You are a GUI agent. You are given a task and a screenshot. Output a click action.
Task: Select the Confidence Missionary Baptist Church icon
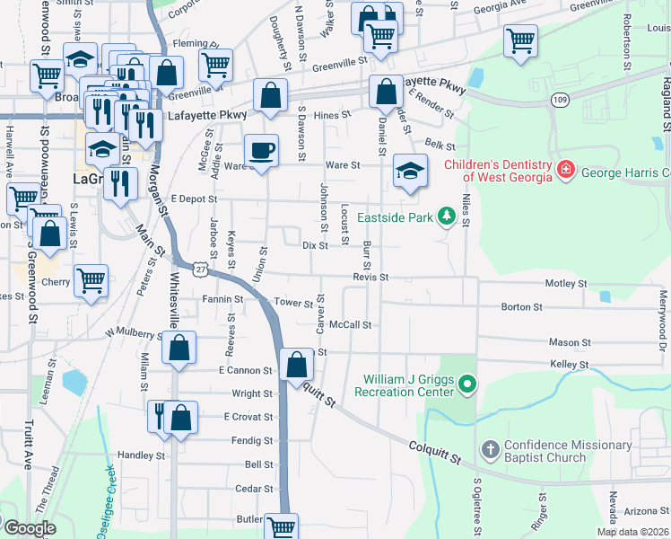(490, 449)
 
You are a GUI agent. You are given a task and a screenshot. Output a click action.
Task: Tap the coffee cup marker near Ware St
(261, 150)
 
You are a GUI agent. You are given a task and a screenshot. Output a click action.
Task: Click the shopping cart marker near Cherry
(91, 280)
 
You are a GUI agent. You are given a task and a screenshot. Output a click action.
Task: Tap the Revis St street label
(370, 278)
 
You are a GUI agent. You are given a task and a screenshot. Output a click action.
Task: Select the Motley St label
(565, 284)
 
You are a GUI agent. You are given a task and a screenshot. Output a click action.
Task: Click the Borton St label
(521, 307)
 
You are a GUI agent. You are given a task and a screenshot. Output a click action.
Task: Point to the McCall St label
(350, 324)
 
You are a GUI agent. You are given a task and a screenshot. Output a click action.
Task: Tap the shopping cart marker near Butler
(283, 526)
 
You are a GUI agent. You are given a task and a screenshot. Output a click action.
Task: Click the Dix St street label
(315, 245)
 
